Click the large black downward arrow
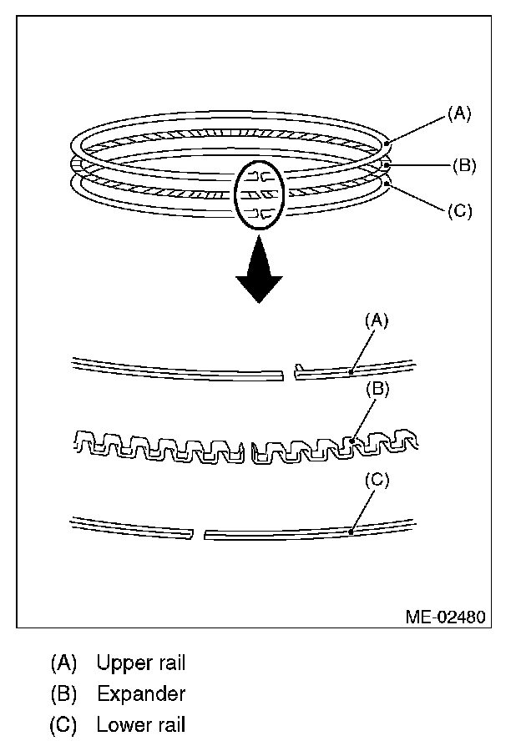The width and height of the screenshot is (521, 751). [258, 270]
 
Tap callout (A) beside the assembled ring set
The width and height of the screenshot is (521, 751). [459, 113]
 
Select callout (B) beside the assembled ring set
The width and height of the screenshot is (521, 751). [464, 165]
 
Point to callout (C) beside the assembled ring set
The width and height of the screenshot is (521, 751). [459, 210]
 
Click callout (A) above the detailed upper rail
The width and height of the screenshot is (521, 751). [377, 320]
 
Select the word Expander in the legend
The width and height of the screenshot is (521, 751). [141, 693]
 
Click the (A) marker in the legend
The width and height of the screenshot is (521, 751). [64, 663]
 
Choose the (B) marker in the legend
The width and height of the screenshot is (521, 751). [64, 693]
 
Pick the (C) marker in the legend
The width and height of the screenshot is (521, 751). [64, 724]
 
